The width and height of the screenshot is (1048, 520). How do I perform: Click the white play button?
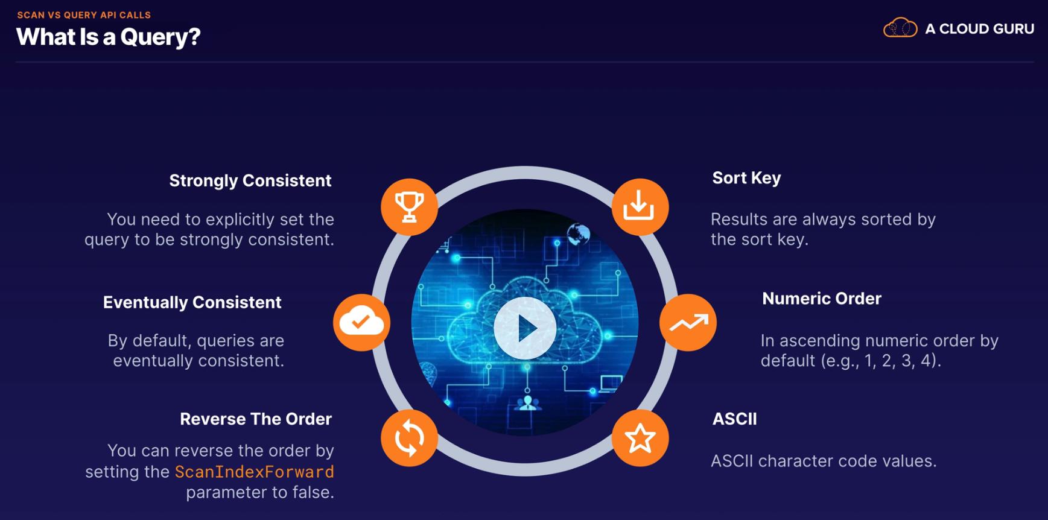525,328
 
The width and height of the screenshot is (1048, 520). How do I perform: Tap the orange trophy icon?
409,207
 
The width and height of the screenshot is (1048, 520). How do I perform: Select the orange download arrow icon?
640,207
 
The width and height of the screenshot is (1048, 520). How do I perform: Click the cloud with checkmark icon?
361,322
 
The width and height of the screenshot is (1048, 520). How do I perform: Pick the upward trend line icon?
688,322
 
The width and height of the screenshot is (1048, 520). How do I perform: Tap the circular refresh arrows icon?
409,438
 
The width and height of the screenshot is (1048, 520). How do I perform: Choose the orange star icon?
640,438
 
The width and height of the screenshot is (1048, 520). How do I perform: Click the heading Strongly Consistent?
250,180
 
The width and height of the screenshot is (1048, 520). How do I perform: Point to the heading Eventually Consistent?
192,302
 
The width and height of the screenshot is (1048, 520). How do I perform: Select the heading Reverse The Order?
255,419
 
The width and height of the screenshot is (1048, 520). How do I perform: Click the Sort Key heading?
746,178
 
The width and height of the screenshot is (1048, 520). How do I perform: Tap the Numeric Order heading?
821,299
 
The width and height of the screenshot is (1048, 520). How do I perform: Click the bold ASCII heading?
734,419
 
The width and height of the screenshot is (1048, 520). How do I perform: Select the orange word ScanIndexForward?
254,472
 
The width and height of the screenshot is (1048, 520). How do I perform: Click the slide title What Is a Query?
108,37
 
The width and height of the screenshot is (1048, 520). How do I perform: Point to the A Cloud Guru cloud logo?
900,28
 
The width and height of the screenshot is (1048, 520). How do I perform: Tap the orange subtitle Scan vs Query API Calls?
84,15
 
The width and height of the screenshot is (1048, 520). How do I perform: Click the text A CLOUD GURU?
979,29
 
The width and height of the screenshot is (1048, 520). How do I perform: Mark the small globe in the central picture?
578,233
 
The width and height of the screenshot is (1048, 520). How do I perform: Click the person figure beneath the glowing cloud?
528,403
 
